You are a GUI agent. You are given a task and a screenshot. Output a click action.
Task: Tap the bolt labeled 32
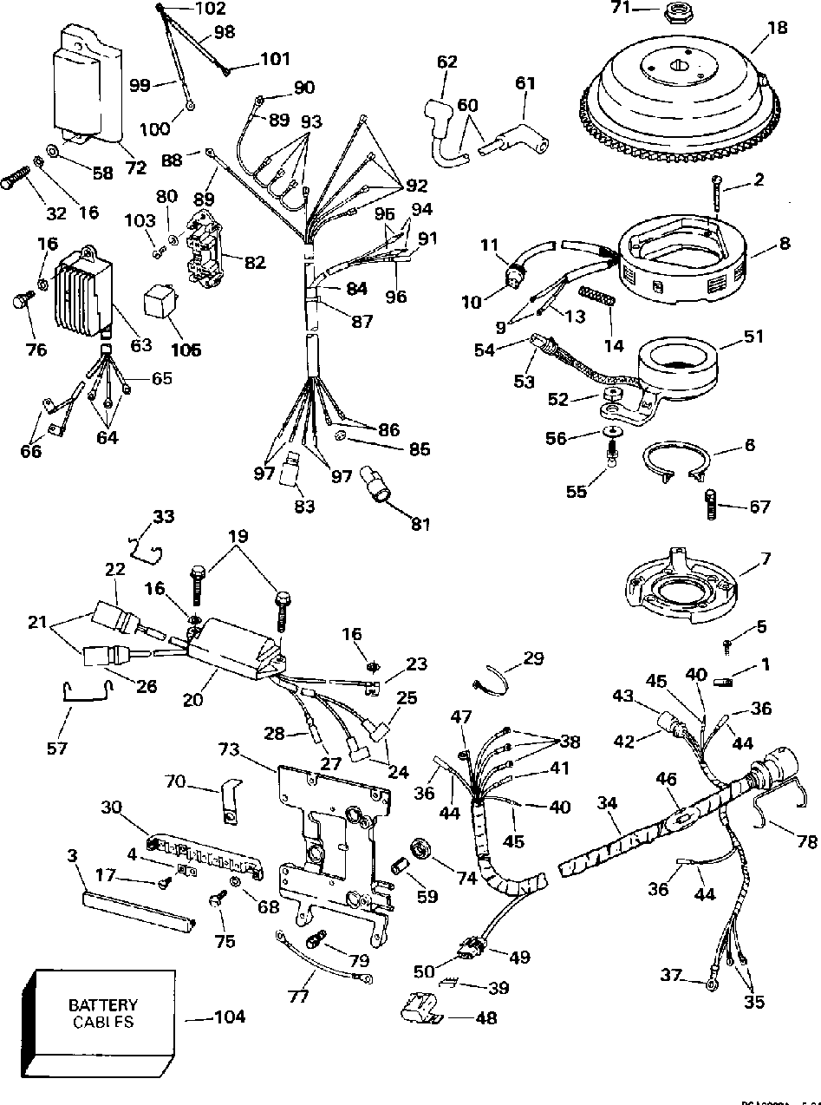16,181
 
